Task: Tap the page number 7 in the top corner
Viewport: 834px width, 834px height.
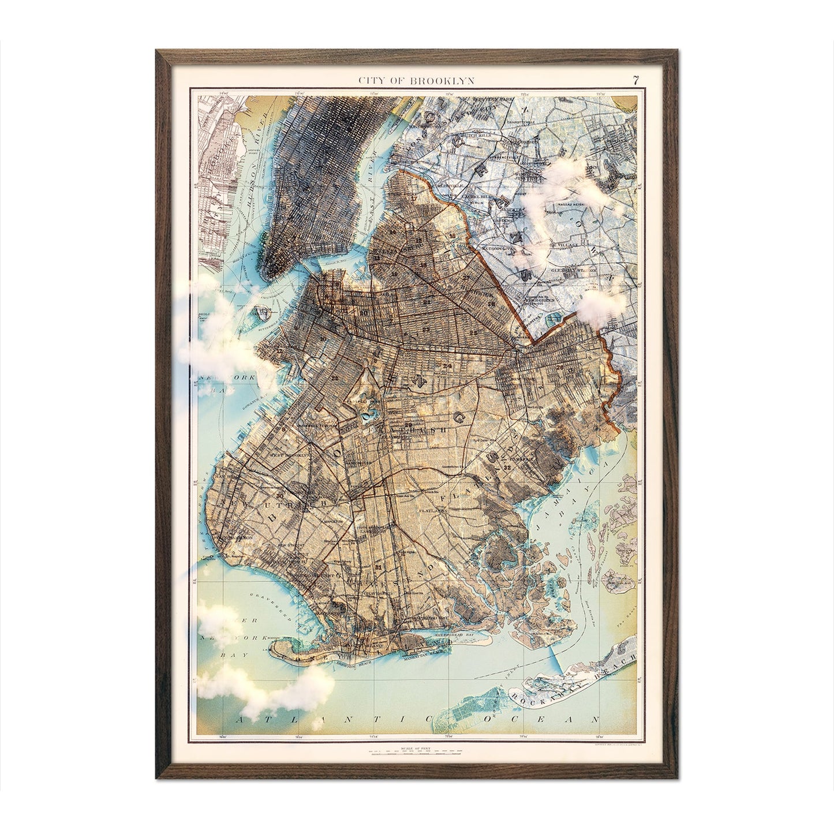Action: tap(635, 80)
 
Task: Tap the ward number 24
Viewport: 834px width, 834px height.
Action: tap(447, 366)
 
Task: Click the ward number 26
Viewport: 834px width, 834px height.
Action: tap(559, 366)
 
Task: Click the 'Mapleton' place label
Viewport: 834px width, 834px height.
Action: tap(350, 518)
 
